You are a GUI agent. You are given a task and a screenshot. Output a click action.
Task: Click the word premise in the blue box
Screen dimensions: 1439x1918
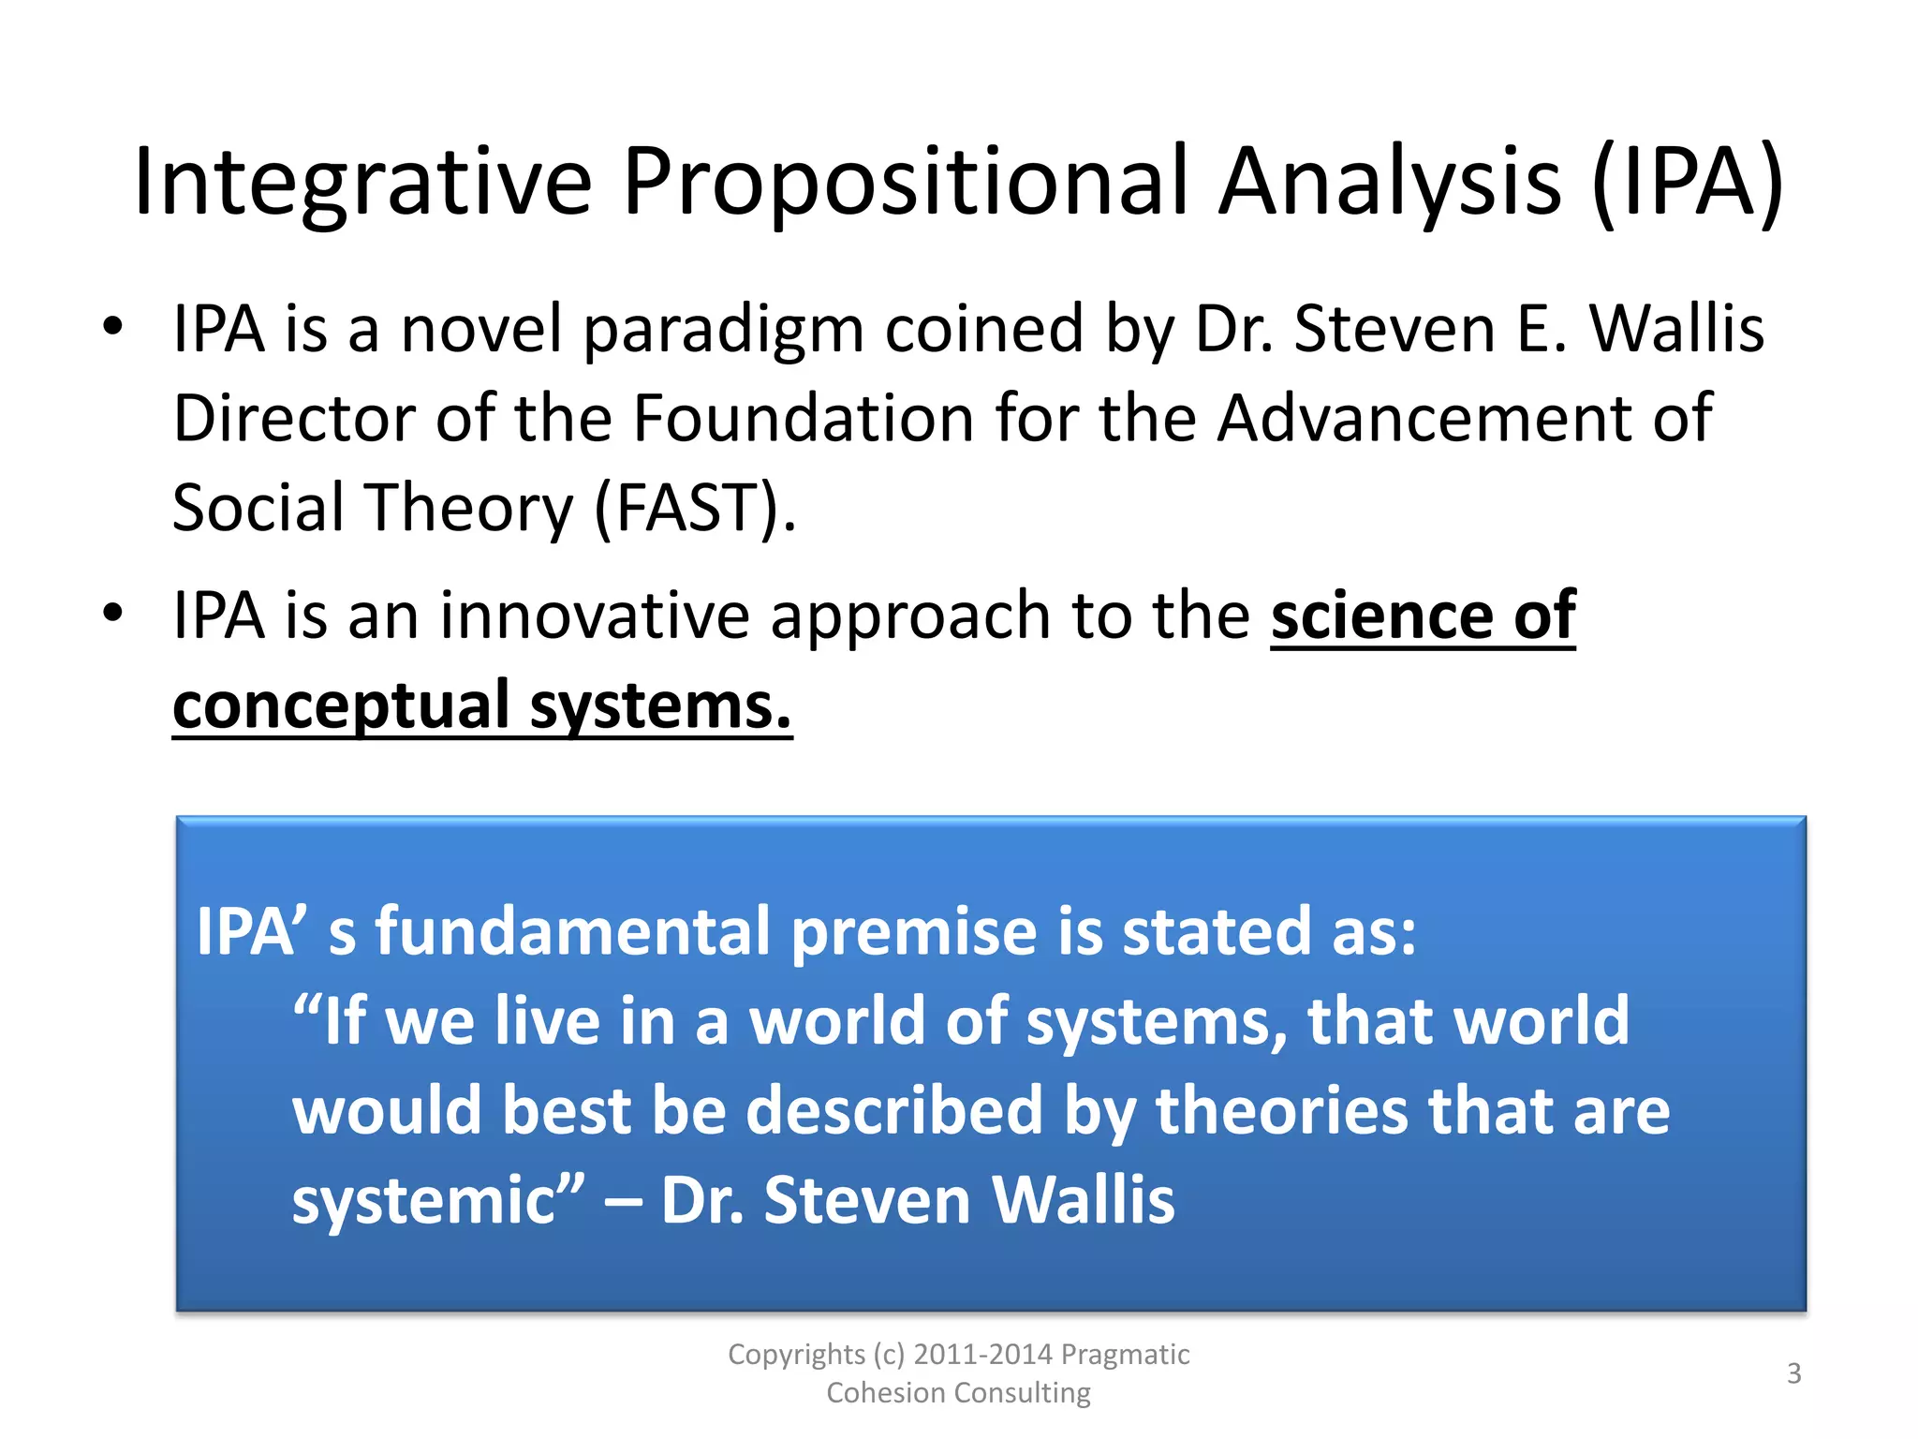pyautogui.click(x=913, y=931)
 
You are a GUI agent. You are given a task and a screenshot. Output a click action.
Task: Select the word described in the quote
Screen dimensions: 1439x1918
pyautogui.click(x=893, y=1110)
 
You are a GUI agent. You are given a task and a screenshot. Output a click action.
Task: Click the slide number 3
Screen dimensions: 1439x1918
pyautogui.click(x=1793, y=1373)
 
